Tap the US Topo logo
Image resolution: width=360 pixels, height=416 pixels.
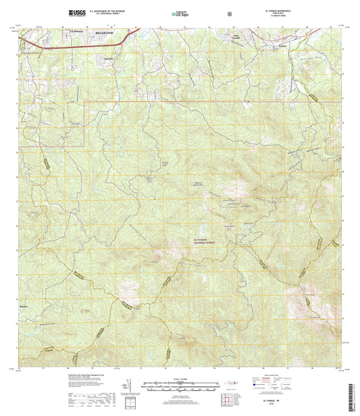[181, 13]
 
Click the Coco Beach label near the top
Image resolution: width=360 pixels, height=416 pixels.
[236, 37]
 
